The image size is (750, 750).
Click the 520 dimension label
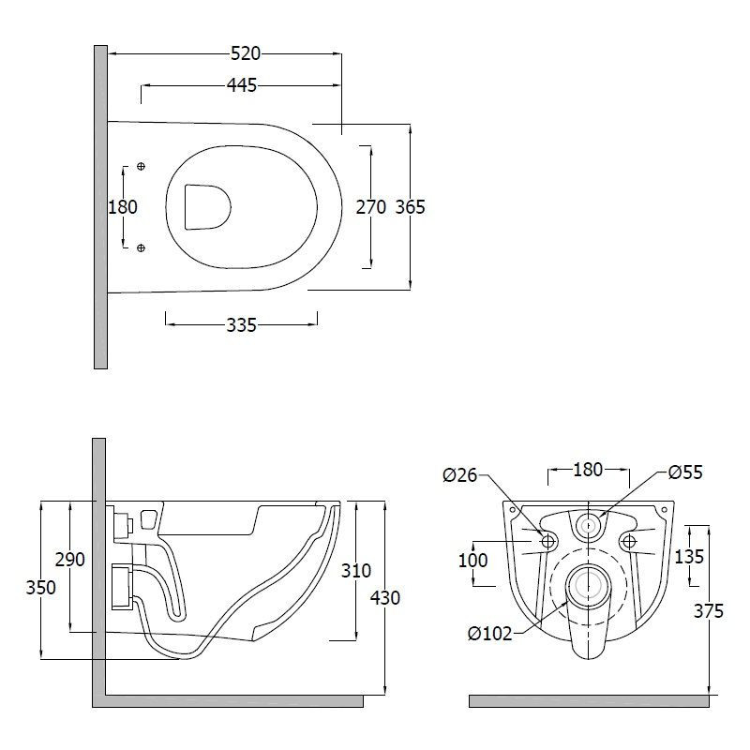246,53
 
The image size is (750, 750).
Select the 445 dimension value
242,85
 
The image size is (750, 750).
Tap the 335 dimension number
242,325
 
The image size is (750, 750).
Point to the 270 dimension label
370,207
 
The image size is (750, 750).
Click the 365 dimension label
410,207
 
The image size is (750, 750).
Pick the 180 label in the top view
123,207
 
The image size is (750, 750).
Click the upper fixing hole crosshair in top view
141,167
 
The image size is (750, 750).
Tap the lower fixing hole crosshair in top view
141,247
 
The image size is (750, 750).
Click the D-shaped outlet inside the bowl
207,206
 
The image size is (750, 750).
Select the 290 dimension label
69,559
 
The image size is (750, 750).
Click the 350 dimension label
40,588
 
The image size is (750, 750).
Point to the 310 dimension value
356,570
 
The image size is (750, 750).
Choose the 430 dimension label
385,598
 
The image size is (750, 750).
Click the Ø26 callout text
460,475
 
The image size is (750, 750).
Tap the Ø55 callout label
685,472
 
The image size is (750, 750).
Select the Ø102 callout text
489,634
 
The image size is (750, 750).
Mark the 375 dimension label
709,611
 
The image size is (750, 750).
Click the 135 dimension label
689,556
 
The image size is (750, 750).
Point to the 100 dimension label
472,560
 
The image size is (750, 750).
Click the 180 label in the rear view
588,470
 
